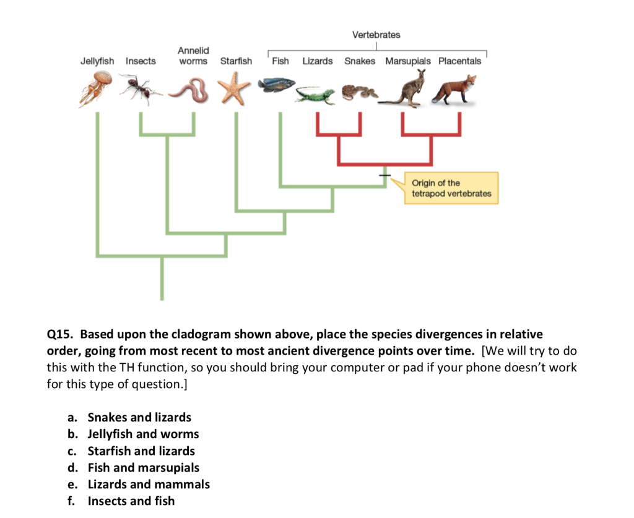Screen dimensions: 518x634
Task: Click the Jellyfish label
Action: (97, 61)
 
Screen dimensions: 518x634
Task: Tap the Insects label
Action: (141, 61)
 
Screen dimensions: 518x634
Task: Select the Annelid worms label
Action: (193, 55)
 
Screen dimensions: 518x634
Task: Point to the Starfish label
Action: (236, 61)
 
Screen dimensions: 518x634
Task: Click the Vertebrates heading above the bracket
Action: (376, 35)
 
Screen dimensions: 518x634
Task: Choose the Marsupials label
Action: (407, 61)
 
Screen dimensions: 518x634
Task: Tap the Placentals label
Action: (459, 61)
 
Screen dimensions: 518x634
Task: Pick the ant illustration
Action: (139, 88)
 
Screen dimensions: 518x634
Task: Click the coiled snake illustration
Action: (358, 92)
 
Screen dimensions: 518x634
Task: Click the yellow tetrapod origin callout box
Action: (451, 188)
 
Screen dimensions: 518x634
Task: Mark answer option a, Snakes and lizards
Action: (139, 417)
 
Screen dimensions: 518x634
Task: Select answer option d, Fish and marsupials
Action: (143, 467)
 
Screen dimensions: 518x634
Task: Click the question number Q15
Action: (60, 334)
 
